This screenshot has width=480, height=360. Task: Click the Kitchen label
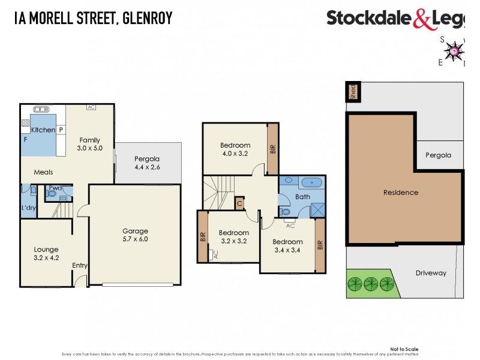43,130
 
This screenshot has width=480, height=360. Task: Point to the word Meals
43,172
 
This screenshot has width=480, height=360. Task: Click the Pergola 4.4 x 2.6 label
147,163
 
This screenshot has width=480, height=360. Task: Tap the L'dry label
28,208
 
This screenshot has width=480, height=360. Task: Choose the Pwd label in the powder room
56,188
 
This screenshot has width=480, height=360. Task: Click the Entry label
80,265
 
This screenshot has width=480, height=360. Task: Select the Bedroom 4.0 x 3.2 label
235,149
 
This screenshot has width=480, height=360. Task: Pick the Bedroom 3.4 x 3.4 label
288,246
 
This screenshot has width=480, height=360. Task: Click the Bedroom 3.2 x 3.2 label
233,237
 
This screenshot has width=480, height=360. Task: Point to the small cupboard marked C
239,203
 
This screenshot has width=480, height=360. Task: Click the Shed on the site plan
353,92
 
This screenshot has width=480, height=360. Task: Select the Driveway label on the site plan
431,273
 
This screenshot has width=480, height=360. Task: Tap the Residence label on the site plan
401,193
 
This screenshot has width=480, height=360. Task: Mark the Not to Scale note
404,349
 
